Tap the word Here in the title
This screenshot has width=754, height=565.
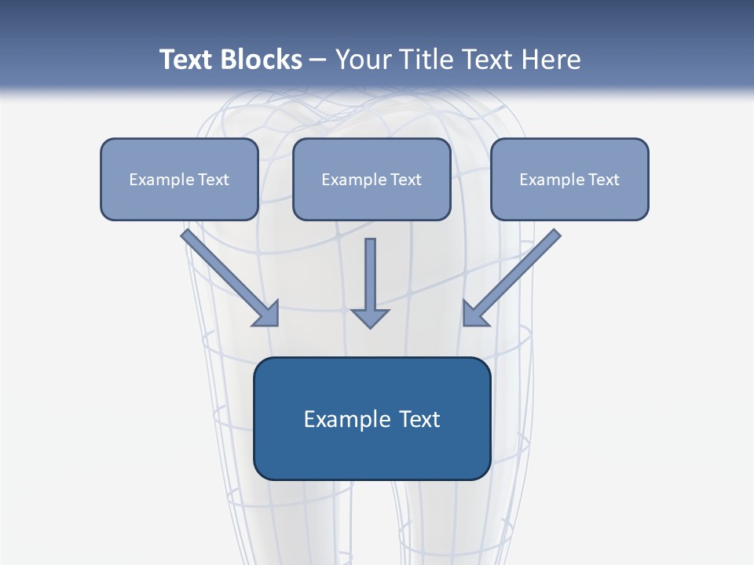(553, 60)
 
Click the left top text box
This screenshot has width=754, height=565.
(179, 179)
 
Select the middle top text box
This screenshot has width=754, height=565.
(372, 179)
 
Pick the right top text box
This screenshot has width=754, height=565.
(569, 179)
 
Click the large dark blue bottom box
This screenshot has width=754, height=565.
(372, 418)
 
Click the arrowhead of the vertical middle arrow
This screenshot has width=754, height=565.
(370, 317)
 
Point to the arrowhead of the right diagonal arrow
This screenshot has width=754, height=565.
(474, 314)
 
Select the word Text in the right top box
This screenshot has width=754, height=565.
(604, 180)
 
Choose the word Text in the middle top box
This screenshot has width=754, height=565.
(406, 180)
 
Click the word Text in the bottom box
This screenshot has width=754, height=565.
(419, 419)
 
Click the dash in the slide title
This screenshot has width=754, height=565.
(318, 60)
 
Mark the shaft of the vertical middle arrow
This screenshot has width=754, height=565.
(370, 271)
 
